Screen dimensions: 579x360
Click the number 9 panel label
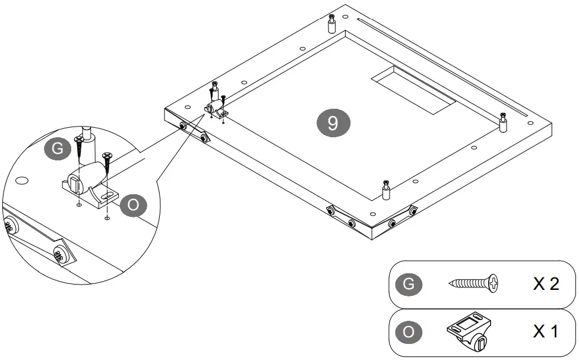(333, 123)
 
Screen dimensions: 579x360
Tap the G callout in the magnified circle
(57, 149)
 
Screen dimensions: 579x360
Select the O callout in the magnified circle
(133, 205)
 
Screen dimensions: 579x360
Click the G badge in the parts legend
(409, 284)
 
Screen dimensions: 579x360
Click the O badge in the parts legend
(409, 332)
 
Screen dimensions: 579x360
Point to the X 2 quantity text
(546, 284)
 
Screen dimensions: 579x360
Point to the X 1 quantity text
(545, 331)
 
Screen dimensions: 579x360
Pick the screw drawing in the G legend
(473, 283)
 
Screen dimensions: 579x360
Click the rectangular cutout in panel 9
(413, 90)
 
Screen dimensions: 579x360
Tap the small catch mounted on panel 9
(216, 109)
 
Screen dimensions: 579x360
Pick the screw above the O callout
(107, 162)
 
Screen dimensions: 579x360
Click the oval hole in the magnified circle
(22, 181)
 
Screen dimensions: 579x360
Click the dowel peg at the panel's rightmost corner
(502, 122)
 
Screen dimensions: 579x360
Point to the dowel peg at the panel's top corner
(331, 24)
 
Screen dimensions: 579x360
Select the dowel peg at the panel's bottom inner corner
(386, 190)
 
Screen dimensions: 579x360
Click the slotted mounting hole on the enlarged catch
(107, 195)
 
